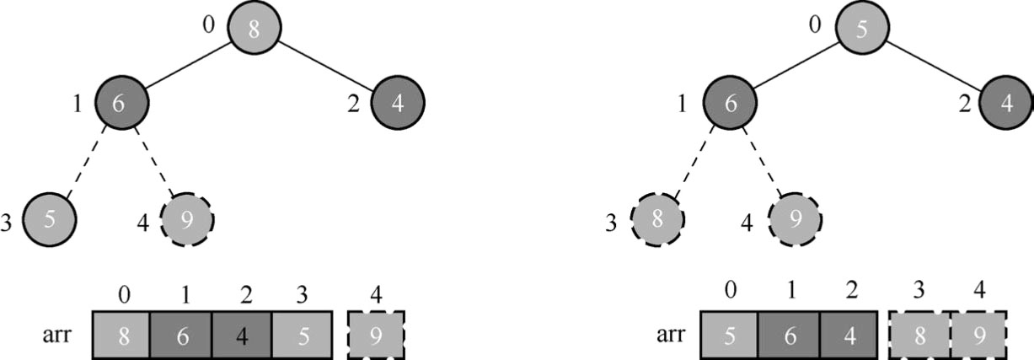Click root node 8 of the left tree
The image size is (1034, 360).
[x=254, y=27]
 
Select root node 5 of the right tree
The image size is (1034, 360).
[x=861, y=27]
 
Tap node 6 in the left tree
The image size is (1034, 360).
[x=121, y=103]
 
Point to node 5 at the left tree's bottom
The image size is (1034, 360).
[x=49, y=219]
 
